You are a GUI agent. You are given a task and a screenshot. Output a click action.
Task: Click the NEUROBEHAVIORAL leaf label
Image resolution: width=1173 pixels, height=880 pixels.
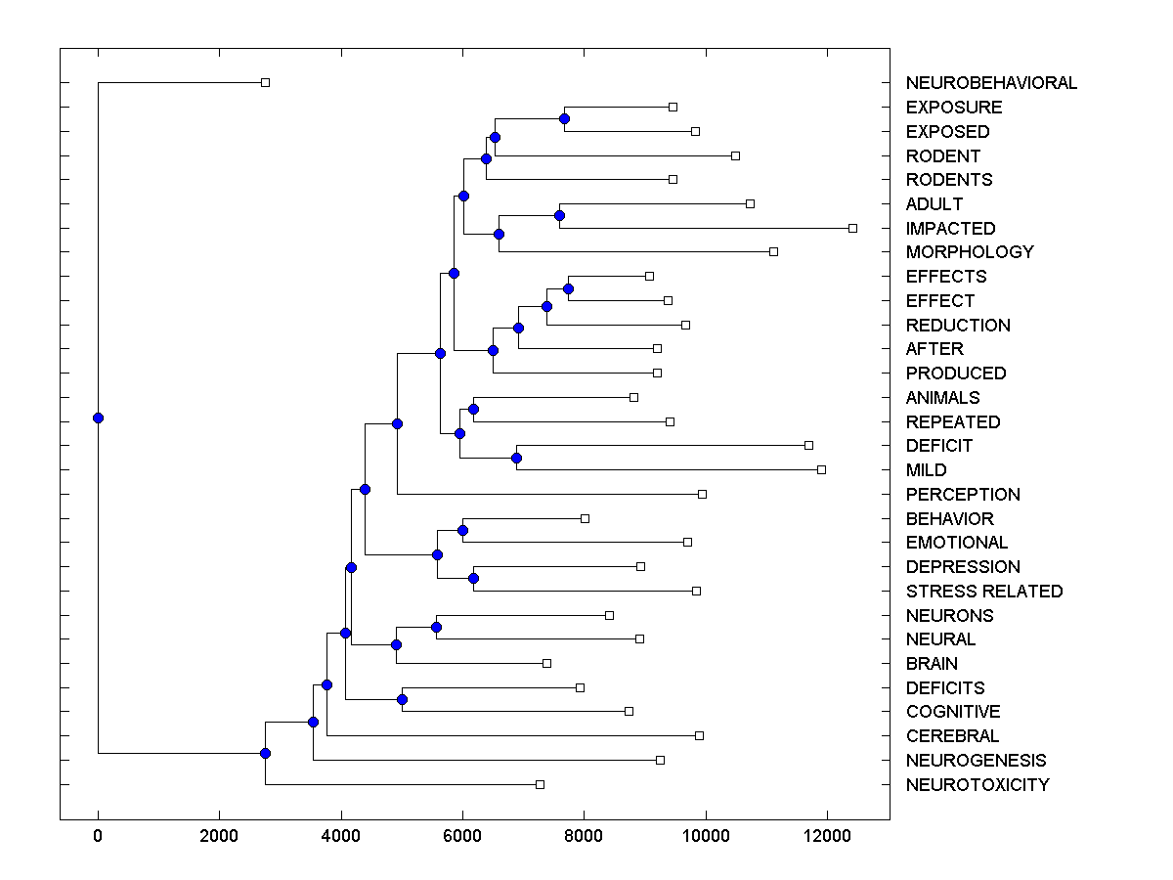[991, 83]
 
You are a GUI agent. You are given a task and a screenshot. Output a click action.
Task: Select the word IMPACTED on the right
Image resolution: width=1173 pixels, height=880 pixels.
[950, 229]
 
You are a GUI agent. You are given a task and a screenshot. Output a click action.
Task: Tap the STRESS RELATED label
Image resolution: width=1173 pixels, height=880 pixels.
[983, 592]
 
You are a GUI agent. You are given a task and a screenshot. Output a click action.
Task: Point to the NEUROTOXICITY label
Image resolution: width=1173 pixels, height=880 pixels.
[977, 785]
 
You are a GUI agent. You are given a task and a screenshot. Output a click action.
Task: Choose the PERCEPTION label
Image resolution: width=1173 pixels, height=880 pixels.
[963, 495]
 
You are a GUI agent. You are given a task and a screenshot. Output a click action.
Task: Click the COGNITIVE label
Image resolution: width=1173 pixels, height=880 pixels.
[953, 712]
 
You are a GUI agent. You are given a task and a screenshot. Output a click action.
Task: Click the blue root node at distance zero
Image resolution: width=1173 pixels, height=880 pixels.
[98, 418]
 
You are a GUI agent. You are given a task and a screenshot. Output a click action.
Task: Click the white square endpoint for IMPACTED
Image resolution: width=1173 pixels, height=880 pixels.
[852, 228]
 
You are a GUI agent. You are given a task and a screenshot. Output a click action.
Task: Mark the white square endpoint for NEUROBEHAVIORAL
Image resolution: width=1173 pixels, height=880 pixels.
[265, 82]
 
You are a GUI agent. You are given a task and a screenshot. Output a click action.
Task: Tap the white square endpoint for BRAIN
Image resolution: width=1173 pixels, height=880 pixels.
[546, 663]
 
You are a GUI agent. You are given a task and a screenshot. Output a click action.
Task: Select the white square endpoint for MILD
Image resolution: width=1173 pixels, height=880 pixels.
[821, 469]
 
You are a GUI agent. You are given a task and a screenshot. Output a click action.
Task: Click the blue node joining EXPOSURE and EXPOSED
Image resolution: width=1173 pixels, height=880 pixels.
[564, 118]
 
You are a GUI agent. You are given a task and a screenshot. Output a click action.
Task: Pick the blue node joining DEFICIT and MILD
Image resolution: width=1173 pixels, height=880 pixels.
[516, 458]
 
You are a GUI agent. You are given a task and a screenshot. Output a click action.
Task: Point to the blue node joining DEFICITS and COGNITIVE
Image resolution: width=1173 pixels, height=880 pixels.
[402, 699]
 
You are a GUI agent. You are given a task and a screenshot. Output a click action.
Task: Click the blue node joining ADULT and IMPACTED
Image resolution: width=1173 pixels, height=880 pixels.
[559, 215]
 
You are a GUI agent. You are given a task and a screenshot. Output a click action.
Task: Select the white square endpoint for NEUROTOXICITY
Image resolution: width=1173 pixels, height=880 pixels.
[540, 784]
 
